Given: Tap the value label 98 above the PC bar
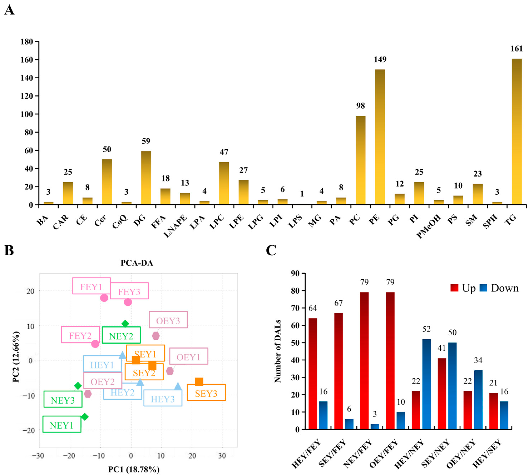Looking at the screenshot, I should pos(360,106).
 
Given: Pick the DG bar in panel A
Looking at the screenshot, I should pos(146,178).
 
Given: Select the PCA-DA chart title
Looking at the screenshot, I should pos(137,263).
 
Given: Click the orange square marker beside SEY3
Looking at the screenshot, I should pos(199,382).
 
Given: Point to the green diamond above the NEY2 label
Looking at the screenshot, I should pos(125,324).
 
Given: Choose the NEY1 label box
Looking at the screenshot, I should pos(62,425).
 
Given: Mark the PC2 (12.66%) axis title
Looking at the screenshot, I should pos(16,357).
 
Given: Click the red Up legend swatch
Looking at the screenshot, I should pos(454,288).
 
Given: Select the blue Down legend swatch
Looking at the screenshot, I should pos(483,288).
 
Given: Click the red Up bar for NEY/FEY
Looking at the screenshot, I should pos(364,361).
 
